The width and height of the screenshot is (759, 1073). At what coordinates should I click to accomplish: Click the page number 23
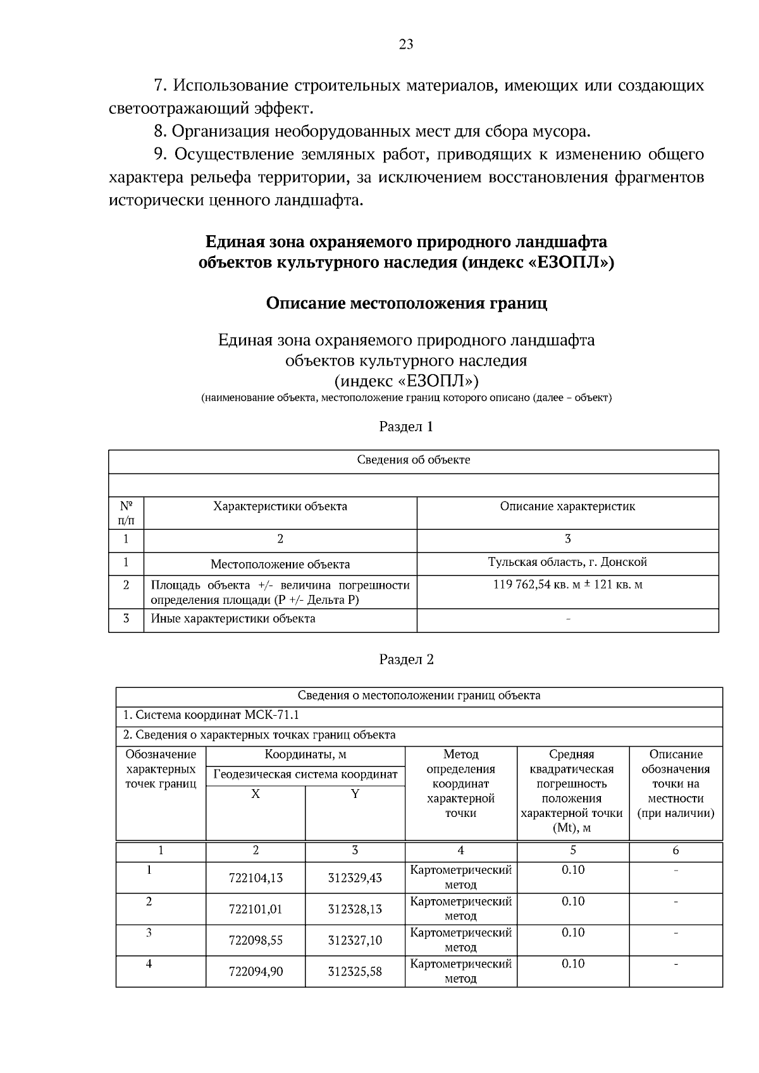point(406,44)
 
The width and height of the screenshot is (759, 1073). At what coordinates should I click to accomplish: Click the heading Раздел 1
point(406,427)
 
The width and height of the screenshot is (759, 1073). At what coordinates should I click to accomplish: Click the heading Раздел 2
point(406,659)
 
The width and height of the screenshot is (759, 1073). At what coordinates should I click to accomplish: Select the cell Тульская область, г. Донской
point(567,562)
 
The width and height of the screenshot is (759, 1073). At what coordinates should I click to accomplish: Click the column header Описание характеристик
point(567,506)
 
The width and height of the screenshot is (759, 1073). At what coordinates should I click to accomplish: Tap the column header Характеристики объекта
point(280,506)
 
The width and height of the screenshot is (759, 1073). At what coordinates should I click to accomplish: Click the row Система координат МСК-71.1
point(211,715)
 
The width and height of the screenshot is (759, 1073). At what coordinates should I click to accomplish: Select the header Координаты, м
point(305,754)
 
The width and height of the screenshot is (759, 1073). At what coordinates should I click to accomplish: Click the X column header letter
point(256,794)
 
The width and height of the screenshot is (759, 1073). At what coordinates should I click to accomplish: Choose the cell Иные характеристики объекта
point(233,619)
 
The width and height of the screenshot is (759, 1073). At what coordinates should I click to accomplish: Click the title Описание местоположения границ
point(406,303)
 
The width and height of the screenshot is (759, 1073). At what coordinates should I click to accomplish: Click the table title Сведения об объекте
point(413,460)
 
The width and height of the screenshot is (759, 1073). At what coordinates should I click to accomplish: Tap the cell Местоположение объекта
point(280,565)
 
